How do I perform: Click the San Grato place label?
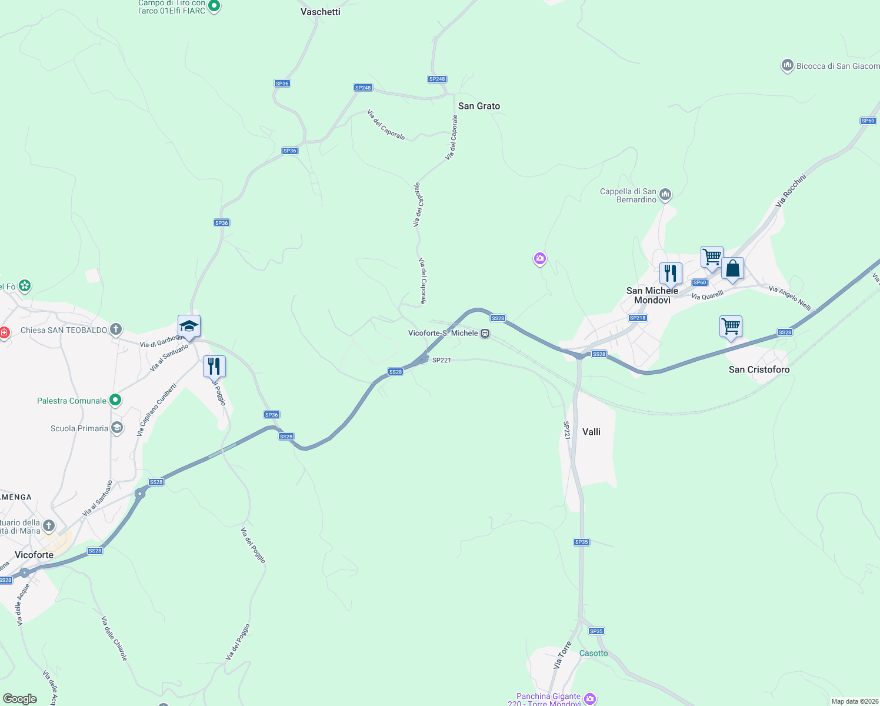[x=479, y=106]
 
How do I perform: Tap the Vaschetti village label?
[x=320, y=12]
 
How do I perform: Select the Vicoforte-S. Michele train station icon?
[x=485, y=333]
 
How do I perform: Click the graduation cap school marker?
[x=189, y=326]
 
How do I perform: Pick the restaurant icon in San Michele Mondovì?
[x=671, y=273]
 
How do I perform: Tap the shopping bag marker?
[x=732, y=269]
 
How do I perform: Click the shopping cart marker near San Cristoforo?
[x=731, y=326]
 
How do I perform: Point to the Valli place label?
[x=591, y=432]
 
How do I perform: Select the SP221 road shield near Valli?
[x=566, y=430]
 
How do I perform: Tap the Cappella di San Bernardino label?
[x=628, y=195]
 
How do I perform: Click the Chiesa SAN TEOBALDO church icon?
[x=116, y=329]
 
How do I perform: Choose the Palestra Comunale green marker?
[x=115, y=401]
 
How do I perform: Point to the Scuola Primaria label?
[x=79, y=428]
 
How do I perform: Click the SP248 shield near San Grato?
[x=437, y=79]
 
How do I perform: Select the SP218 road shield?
[x=638, y=318]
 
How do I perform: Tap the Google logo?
[x=20, y=698]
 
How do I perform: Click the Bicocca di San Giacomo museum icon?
[x=787, y=66]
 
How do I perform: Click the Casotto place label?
[x=594, y=653]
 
